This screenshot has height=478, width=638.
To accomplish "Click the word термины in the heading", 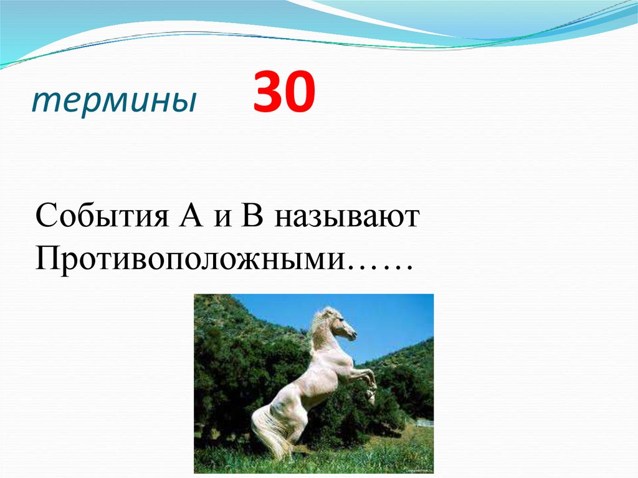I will (x=113, y=100).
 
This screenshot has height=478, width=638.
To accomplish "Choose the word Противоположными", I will (x=190, y=257).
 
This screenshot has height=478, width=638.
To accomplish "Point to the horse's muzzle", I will (x=353, y=336).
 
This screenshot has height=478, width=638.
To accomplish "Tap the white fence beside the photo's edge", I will (x=424, y=423).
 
